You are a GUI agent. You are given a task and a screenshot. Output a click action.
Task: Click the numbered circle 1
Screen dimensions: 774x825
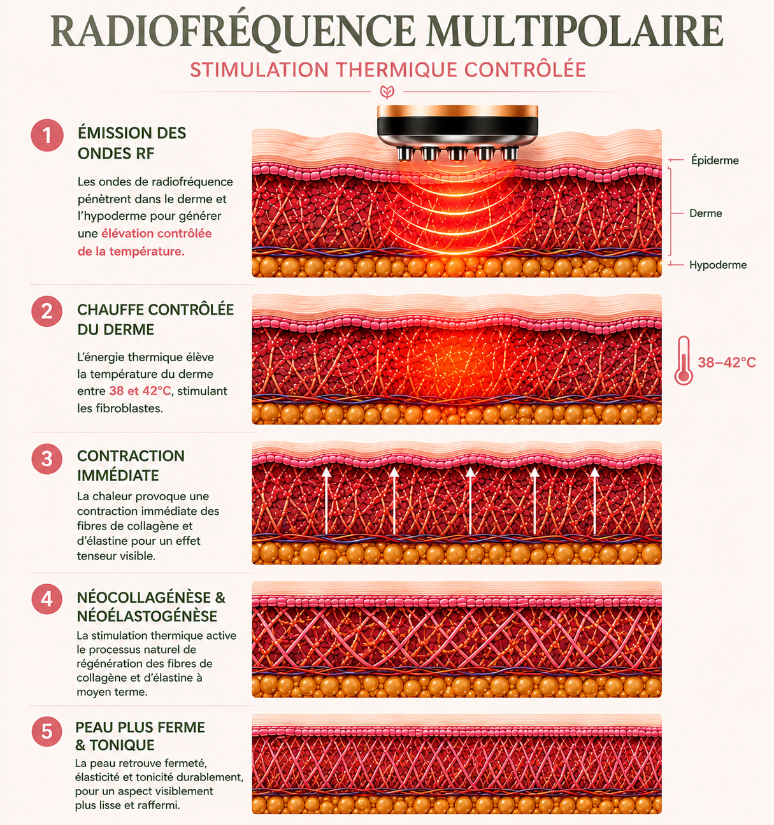click(47, 136)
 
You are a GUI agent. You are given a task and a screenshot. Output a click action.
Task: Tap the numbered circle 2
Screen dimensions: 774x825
click(47, 311)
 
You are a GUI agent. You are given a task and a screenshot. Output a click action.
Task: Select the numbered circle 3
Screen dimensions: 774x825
click(47, 459)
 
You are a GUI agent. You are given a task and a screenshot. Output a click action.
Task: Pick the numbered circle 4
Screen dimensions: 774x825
click(47, 599)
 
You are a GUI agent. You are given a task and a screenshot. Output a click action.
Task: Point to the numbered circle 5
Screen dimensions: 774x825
click(47, 731)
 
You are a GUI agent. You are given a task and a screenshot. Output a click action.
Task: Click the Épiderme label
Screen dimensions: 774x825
click(715, 161)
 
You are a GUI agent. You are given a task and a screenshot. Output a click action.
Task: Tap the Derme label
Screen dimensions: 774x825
click(705, 213)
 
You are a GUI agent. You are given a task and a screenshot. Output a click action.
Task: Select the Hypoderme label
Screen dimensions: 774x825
click(717, 265)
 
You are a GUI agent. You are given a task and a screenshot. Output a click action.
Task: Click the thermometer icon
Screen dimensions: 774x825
click(684, 360)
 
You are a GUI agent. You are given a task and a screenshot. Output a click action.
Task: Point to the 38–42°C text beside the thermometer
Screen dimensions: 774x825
click(727, 362)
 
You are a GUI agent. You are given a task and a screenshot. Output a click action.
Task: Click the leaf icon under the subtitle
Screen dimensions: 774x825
click(387, 92)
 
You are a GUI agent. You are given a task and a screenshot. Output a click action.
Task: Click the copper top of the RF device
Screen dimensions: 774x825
click(457, 111)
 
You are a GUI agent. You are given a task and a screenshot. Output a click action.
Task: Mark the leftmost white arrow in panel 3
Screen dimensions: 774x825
click(327, 500)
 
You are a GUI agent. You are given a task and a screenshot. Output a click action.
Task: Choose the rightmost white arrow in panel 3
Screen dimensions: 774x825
click(594, 500)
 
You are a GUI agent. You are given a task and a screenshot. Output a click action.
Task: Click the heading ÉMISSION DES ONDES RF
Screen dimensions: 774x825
click(132, 143)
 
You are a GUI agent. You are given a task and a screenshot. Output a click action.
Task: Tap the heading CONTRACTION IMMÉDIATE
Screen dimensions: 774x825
click(131, 465)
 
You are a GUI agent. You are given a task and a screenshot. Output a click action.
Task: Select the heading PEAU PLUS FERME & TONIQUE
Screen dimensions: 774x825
click(140, 736)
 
